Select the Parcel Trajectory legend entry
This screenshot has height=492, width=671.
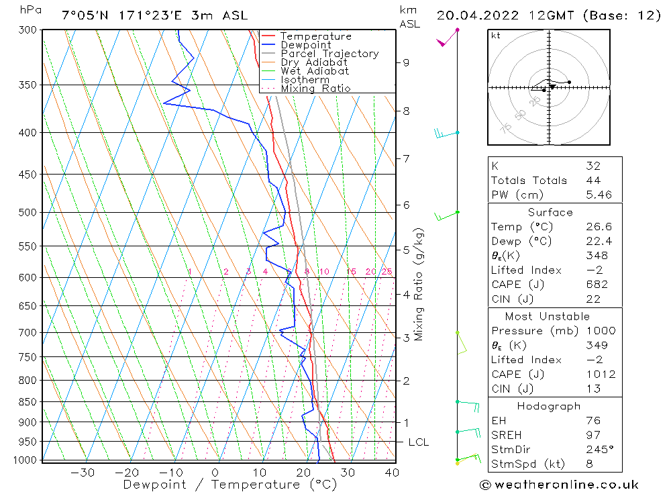(329, 54)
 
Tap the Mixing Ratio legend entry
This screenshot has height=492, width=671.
(315, 89)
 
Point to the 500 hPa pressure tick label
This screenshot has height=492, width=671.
(29, 213)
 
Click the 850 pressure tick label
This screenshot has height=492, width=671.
(29, 402)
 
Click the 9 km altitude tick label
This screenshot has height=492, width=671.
(406, 62)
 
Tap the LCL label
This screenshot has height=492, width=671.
(418, 442)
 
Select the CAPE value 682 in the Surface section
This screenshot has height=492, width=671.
(597, 285)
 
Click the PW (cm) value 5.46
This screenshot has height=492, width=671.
(599, 195)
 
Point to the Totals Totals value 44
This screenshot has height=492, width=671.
(593, 181)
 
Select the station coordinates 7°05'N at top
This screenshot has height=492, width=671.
(85, 15)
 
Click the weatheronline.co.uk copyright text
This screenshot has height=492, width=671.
(559, 485)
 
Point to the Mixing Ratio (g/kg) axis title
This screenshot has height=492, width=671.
(419, 284)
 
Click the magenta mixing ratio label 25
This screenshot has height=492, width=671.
(386, 272)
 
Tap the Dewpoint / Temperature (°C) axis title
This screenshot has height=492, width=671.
(229, 485)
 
